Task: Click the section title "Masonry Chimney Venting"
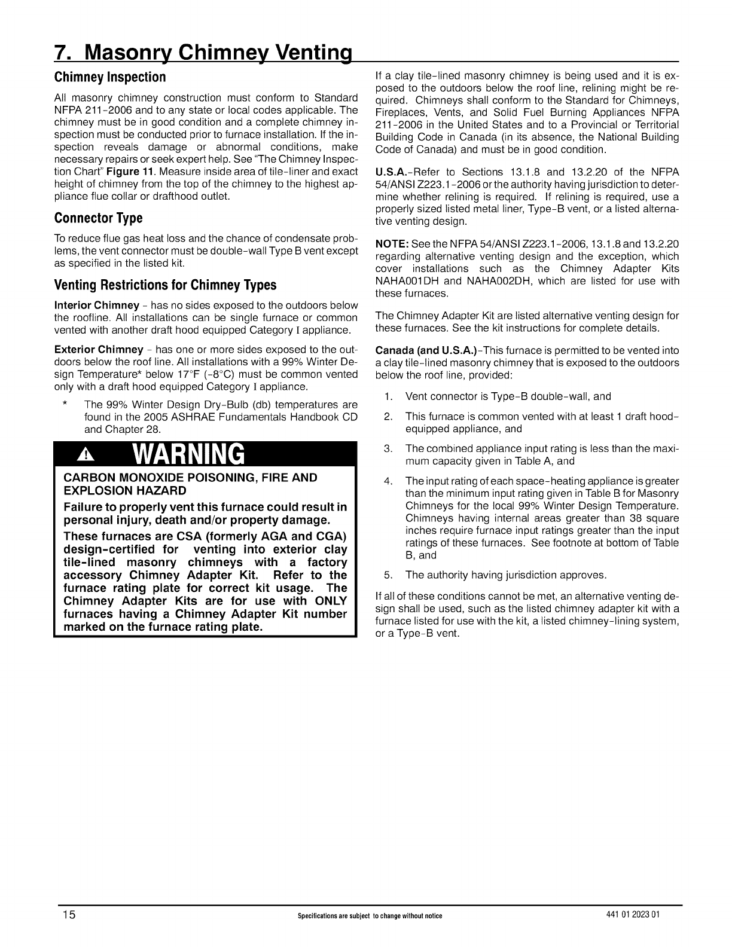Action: coord(203,53)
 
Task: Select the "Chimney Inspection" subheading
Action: coord(109,77)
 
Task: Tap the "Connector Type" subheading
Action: coord(98,218)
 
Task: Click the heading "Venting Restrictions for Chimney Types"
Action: coord(165,285)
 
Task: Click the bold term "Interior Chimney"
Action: coord(97,306)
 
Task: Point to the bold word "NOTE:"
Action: coord(392,244)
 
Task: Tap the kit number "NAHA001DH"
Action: coord(408,281)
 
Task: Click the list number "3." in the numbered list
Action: coord(388,448)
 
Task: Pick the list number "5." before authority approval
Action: coord(388,575)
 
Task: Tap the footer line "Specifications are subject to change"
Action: coord(366,917)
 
